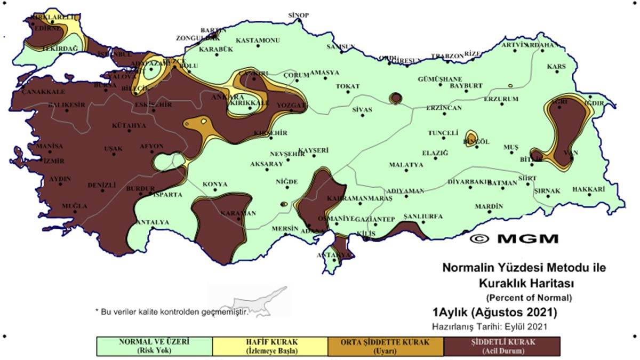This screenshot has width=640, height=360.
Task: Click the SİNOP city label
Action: [x=298, y=15]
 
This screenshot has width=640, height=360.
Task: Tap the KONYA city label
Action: [x=215, y=185]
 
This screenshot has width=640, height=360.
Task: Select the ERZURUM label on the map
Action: [x=501, y=99]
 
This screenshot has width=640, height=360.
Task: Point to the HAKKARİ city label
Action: [x=588, y=189]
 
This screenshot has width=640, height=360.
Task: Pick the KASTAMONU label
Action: [x=258, y=41]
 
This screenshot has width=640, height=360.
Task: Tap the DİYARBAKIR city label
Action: [x=468, y=182]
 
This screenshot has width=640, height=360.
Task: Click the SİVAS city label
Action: [x=362, y=110]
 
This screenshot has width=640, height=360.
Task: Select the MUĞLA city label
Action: [x=74, y=206]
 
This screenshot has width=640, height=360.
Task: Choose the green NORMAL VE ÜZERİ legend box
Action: [x=154, y=346]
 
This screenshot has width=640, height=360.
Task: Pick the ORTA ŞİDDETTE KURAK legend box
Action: [x=386, y=346]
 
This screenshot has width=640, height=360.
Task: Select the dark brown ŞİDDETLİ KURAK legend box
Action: [x=502, y=346]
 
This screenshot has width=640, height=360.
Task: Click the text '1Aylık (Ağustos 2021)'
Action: [x=494, y=311]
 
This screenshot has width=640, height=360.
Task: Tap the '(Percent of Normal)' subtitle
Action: [x=529, y=297]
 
